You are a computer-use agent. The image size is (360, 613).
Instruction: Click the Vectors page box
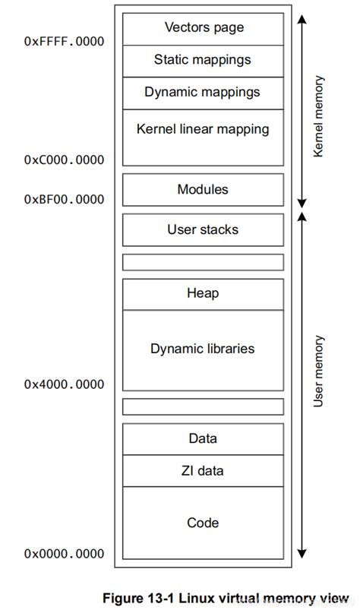(203, 28)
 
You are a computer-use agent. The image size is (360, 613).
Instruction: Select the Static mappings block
(203, 60)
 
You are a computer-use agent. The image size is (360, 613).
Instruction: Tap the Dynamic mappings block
(203, 93)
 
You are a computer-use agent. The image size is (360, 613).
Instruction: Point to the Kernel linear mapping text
(203, 129)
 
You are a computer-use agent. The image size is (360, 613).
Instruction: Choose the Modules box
(203, 190)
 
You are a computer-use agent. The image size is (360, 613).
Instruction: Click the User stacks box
(203, 229)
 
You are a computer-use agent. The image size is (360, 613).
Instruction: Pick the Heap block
(203, 293)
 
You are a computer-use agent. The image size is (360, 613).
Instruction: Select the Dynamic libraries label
(203, 349)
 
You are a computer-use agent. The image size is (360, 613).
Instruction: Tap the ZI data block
(203, 471)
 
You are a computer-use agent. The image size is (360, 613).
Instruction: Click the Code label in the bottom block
(203, 523)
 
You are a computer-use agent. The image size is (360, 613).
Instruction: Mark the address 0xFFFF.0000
(64, 42)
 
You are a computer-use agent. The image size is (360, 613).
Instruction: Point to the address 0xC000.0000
(64, 160)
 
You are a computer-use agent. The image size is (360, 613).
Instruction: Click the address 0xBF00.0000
(64, 200)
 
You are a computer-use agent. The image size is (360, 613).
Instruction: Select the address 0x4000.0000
(64, 384)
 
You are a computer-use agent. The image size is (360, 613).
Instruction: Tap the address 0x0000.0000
(64, 554)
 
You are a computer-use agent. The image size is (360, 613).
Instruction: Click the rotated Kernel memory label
(319, 116)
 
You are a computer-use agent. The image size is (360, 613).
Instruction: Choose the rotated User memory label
(319, 371)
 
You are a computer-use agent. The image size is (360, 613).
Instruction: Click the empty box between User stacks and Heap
(203, 262)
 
